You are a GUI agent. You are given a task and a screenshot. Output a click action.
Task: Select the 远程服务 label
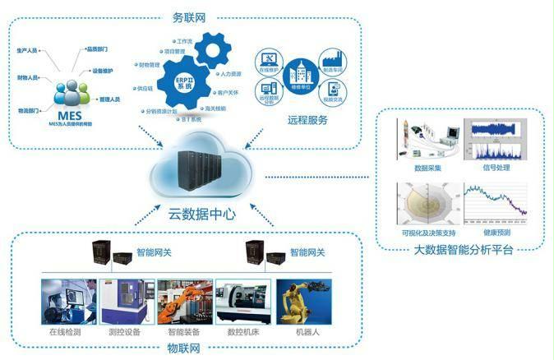pyautogui.click(x=308, y=120)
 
